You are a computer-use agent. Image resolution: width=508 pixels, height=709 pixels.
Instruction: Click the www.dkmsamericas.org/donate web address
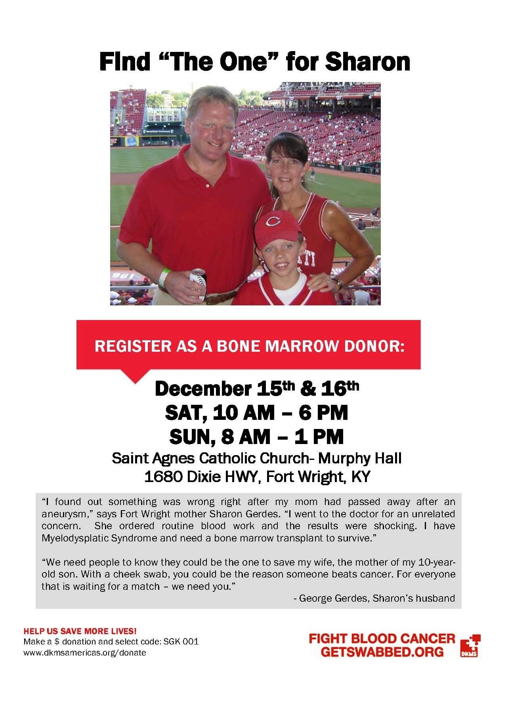coord(85,652)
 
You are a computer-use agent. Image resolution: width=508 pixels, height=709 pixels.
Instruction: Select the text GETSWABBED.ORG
coord(382,652)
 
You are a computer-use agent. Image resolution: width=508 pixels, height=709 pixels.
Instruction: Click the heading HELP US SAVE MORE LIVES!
coord(80,630)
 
